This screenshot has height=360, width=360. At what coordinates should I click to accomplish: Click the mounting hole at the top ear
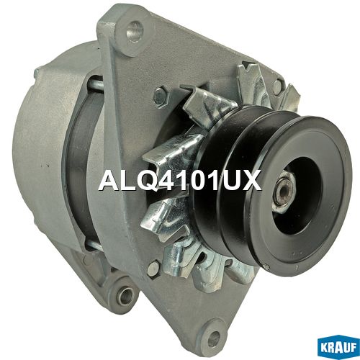(x=134, y=30)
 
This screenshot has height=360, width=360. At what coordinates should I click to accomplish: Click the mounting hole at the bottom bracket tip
(x=215, y=335)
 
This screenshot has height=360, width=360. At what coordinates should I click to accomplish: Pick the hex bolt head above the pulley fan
(x=160, y=96)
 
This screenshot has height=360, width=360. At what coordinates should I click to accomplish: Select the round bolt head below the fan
(x=154, y=269)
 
